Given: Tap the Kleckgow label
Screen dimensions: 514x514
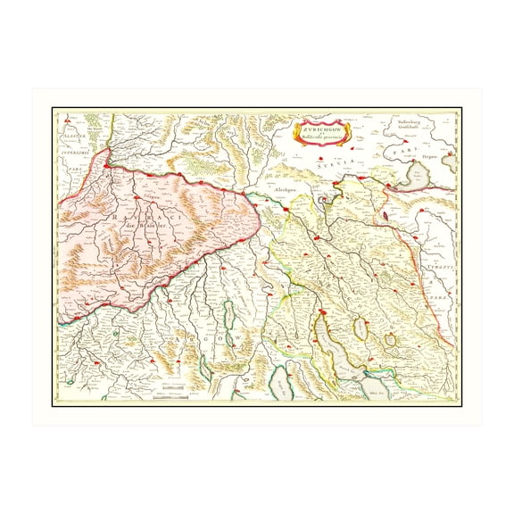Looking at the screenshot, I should tap(286, 192).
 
